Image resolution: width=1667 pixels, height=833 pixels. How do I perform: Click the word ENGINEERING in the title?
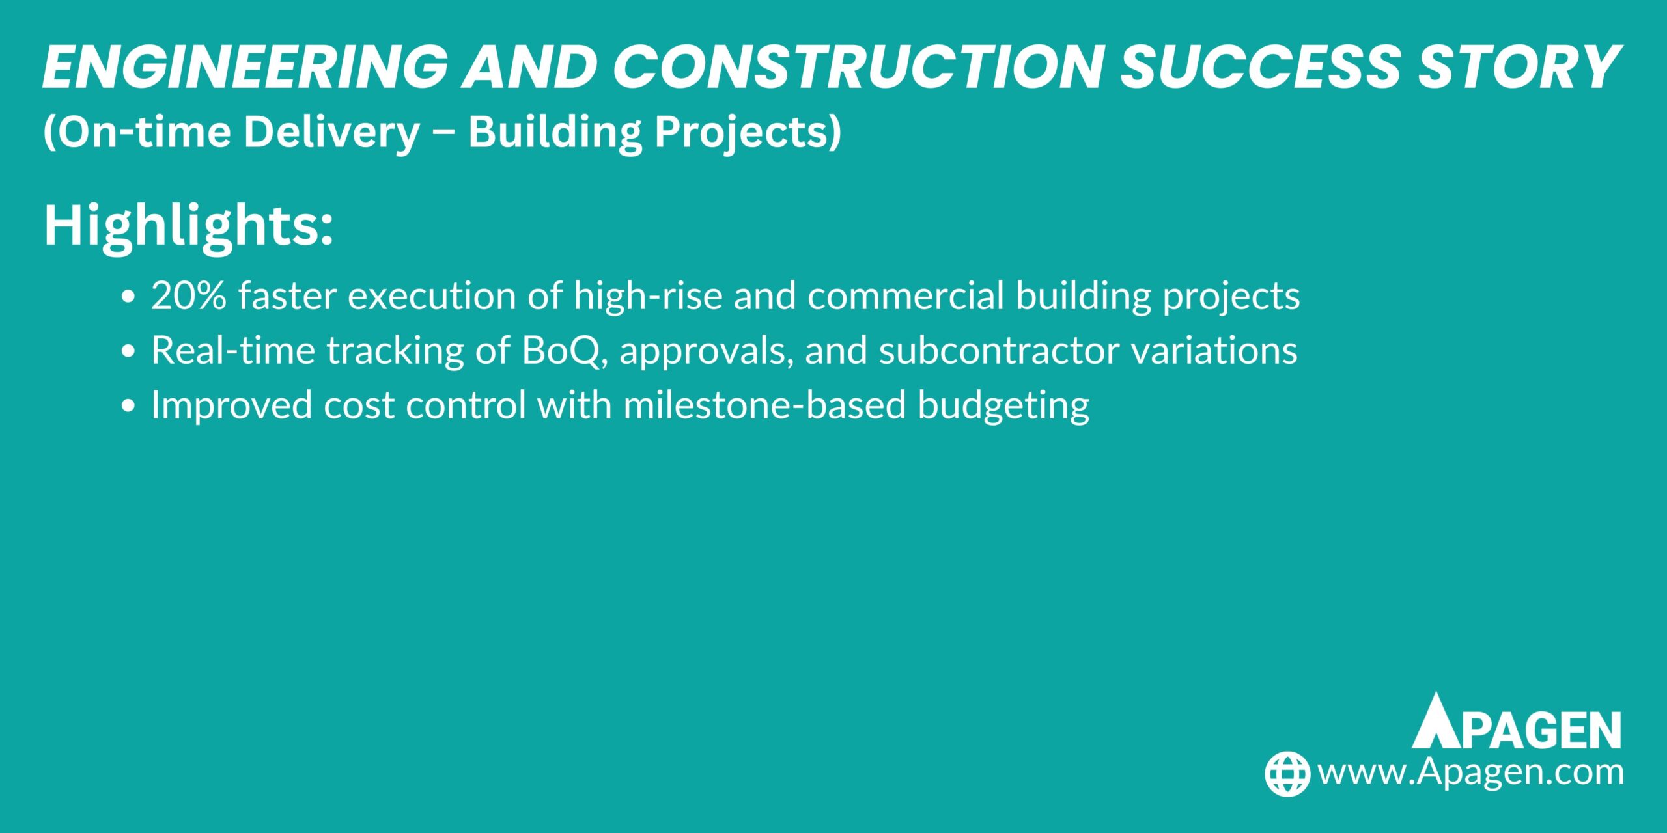[245, 67]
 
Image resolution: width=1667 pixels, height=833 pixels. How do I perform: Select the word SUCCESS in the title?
[1259, 67]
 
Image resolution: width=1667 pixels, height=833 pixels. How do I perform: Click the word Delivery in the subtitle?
[332, 131]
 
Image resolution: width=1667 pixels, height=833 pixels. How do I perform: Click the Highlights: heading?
[188, 226]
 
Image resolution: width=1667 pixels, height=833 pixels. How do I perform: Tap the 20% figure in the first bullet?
[189, 295]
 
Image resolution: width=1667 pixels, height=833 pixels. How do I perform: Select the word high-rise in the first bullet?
[648, 295]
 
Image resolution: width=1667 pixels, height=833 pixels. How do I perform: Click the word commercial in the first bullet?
[906, 295]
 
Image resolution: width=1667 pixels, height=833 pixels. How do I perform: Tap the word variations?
[1214, 350]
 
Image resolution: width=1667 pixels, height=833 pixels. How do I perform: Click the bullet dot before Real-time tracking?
[128, 351]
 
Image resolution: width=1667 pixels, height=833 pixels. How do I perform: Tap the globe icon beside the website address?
[1287, 774]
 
